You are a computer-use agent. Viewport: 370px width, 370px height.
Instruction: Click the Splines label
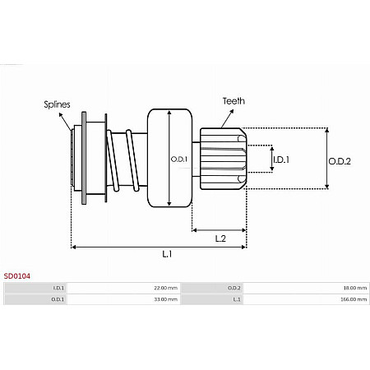(58, 104)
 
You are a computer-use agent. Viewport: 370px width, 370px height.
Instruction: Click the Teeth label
(233, 101)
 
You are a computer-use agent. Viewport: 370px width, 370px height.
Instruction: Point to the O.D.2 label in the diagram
(339, 161)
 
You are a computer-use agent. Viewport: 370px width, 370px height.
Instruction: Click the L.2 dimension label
(220, 238)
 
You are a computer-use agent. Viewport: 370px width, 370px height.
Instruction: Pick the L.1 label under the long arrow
(166, 254)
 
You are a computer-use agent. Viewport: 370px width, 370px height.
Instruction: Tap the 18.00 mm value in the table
(355, 288)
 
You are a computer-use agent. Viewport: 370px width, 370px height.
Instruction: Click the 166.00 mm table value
(354, 299)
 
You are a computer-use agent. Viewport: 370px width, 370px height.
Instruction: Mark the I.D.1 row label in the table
(58, 288)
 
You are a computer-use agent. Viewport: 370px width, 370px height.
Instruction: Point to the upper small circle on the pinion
(239, 139)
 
